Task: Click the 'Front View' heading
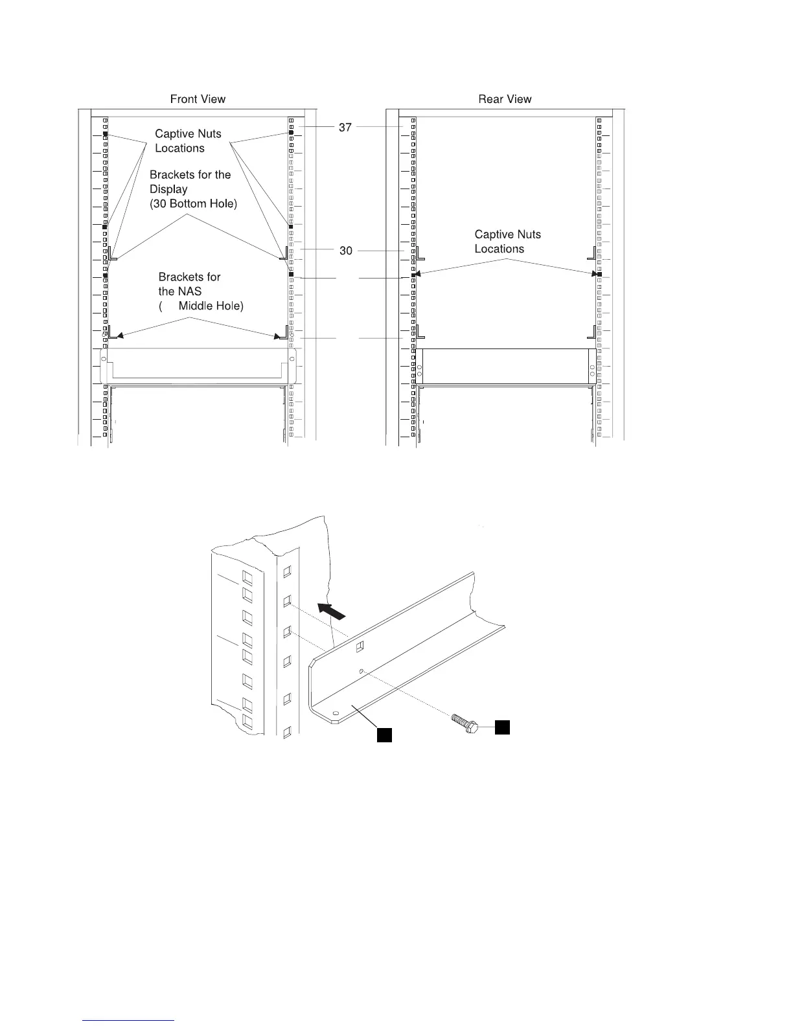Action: pos(198,99)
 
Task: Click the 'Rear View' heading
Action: pos(505,99)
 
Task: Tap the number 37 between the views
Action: pos(345,128)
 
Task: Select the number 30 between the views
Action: pos(346,251)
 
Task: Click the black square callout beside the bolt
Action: pos(502,727)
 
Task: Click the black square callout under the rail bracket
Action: pos(384,735)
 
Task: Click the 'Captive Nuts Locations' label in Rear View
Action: pos(507,242)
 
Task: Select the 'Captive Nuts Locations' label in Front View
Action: pos(188,141)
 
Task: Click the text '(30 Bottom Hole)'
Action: pos(194,203)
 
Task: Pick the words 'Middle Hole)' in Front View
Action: pos(211,306)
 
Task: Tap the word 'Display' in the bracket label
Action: pos(168,189)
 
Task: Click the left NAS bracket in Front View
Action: pos(113,332)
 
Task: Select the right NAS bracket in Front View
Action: pos(282,333)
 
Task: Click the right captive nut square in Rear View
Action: pos(599,275)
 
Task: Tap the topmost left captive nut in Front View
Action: pos(105,134)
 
